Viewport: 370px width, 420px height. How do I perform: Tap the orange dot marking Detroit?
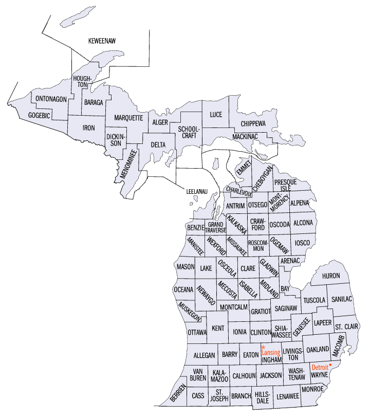(330, 365)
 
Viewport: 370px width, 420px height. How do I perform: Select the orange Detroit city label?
(320, 368)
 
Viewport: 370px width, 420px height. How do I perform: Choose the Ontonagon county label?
(51, 99)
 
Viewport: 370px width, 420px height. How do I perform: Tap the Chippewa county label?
(254, 123)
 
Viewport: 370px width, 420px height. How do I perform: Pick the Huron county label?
(331, 276)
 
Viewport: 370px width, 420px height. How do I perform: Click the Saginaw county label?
(286, 308)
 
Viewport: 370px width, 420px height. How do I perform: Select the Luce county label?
(216, 115)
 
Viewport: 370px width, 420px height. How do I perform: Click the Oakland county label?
(318, 350)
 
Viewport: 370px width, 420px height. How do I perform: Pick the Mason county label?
(185, 267)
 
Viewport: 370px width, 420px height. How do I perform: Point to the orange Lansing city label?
(270, 353)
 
